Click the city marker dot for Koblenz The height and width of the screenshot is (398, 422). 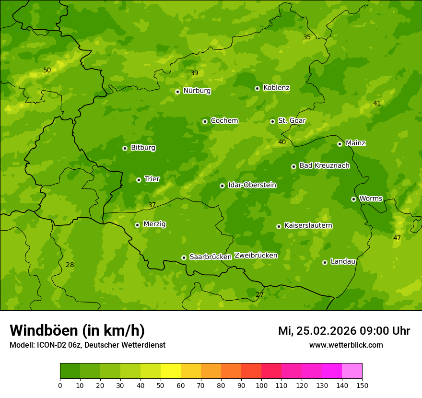[257, 88]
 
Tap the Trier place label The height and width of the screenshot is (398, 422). [152, 179]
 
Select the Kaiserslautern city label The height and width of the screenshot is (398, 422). [308, 225]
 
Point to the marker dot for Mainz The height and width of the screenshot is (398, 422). [340, 144]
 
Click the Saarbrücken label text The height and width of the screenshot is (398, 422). [211, 257]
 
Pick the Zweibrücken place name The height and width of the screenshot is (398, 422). [256, 255]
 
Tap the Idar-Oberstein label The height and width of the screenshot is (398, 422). [252, 185]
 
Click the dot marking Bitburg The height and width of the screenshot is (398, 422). [125, 148]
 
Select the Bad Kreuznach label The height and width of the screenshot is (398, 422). [324, 165]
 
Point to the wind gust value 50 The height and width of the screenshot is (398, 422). [47, 70]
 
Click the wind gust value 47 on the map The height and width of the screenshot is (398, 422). [397, 238]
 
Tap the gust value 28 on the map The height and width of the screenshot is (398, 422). [70, 265]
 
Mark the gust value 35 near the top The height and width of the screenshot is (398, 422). [307, 37]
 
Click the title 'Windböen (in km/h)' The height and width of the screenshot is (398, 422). [77, 330]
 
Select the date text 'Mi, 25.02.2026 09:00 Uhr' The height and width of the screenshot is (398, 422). [344, 331]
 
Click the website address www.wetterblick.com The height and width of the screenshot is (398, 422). [346, 345]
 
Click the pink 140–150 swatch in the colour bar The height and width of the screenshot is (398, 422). [352, 371]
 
